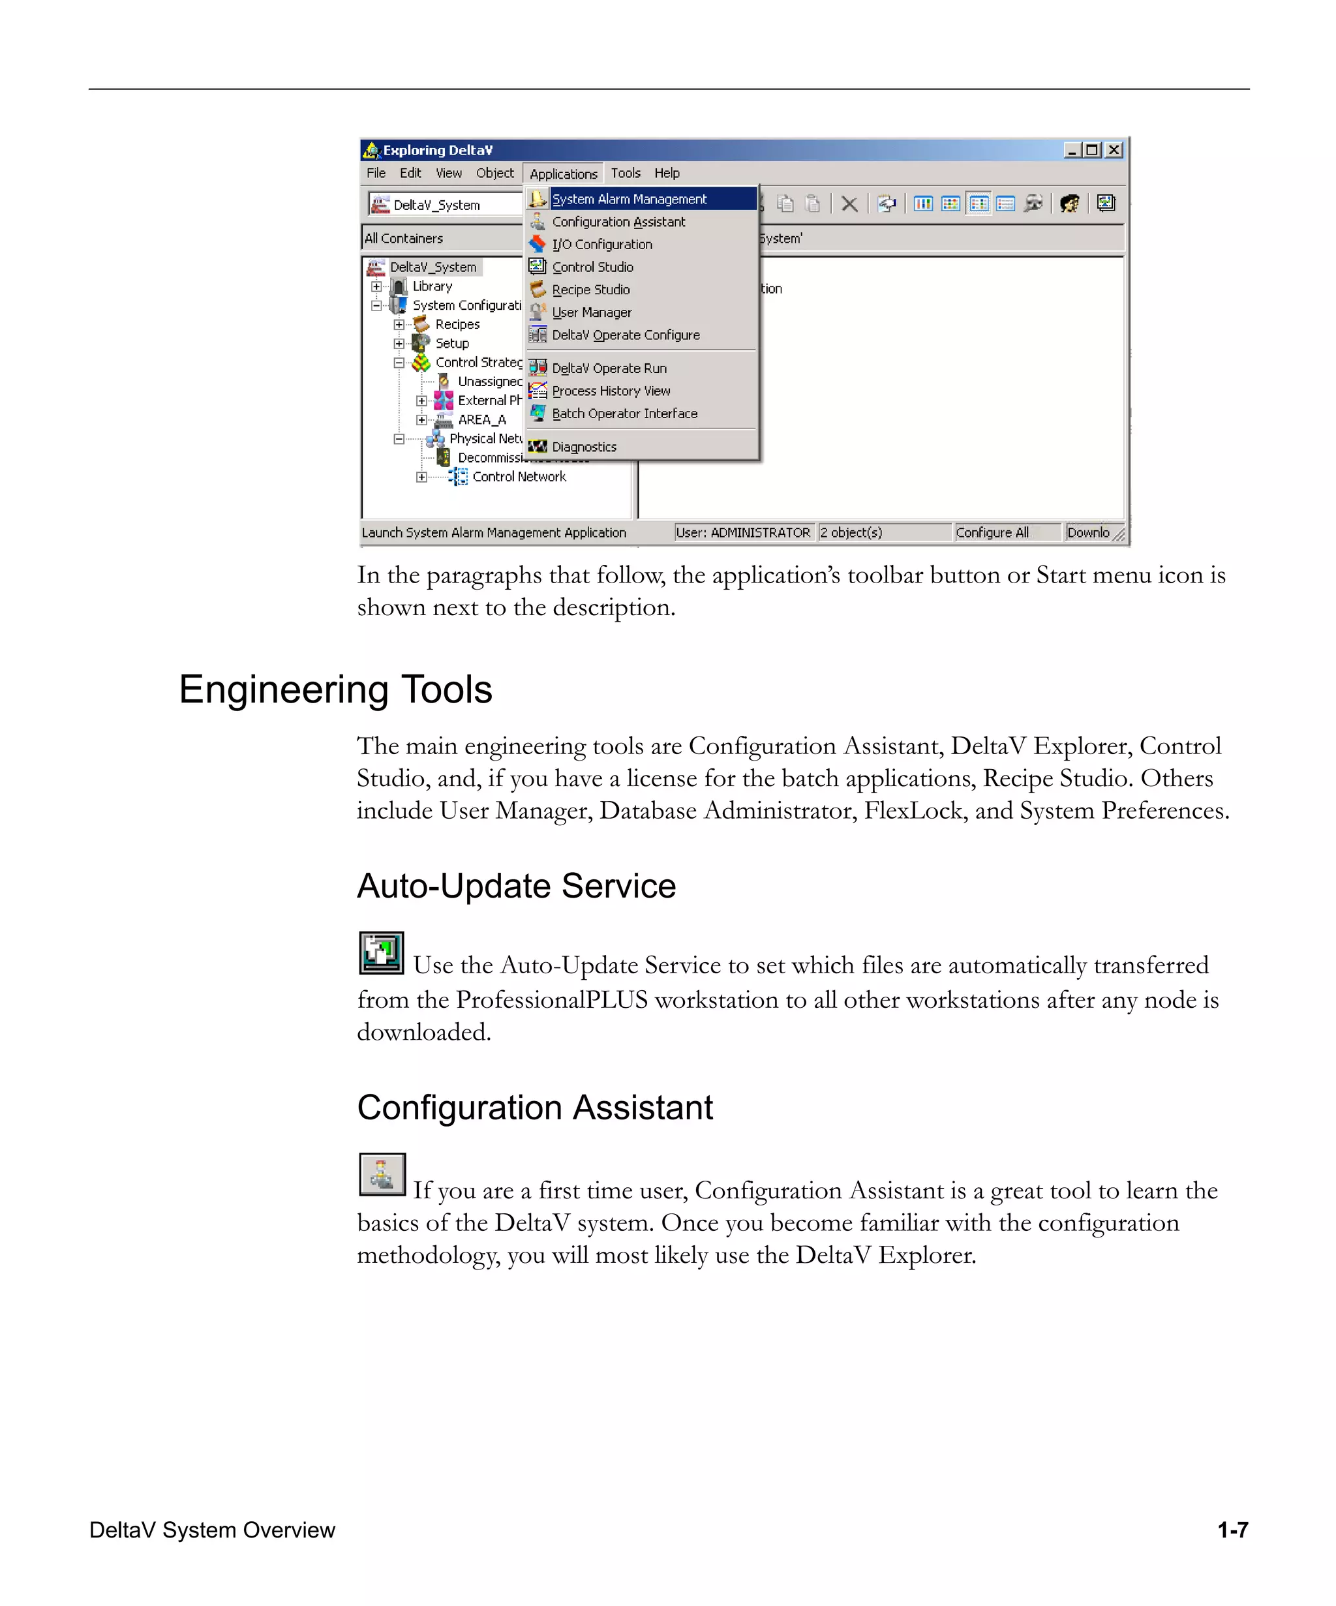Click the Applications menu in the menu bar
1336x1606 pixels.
click(563, 174)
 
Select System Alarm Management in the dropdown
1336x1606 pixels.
click(629, 199)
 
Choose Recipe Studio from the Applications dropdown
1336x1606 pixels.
click(590, 290)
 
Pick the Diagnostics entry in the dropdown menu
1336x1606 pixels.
click(583, 447)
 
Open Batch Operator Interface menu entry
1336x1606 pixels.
click(624, 414)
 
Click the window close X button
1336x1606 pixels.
click(1114, 150)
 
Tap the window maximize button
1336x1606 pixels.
click(1093, 150)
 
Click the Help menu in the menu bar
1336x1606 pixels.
click(666, 174)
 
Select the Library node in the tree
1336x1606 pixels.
click(432, 286)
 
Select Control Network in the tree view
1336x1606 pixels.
click(519, 476)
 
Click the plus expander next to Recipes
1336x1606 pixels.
click(399, 325)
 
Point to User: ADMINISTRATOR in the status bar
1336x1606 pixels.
click(742, 532)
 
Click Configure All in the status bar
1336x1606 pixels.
click(992, 532)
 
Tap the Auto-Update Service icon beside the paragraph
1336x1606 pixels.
click(381, 953)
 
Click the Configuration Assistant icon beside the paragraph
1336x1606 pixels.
click(382, 1174)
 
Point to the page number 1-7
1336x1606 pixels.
click(1232, 1530)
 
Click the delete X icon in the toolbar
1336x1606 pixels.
click(849, 204)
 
